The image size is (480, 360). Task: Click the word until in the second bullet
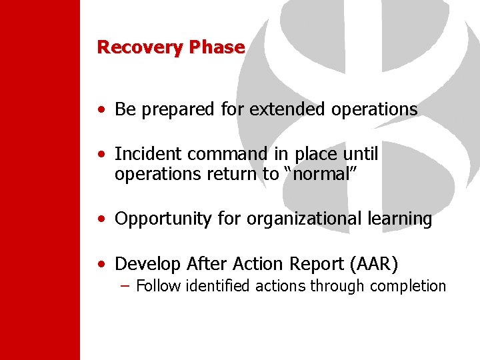(361, 154)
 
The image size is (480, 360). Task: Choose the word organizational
(308, 219)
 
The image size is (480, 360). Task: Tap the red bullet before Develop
(100, 265)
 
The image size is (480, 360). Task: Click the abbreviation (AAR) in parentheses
(373, 265)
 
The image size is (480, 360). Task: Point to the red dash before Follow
(125, 286)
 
